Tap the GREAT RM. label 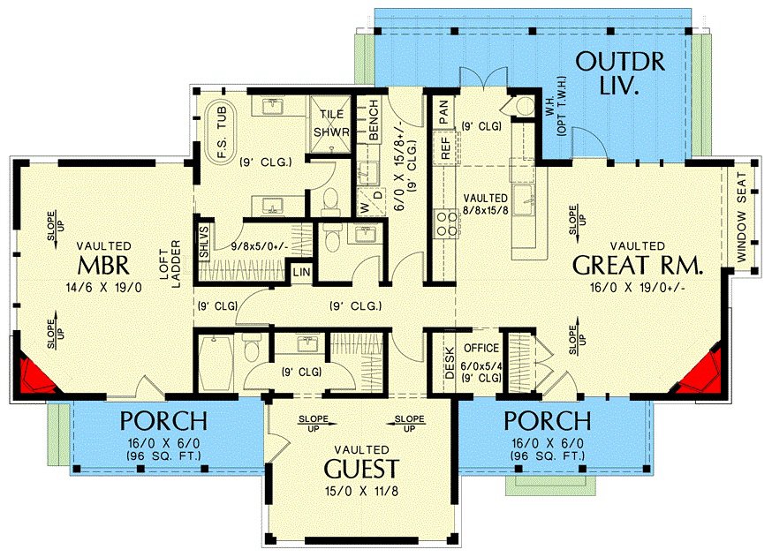pos(637,267)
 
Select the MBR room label pos(103,266)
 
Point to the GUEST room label pos(361,469)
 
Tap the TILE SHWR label pos(331,124)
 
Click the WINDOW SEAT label pos(742,217)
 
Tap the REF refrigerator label pos(445,147)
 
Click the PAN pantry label pos(443,112)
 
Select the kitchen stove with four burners pos(447,223)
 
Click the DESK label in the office pos(449,363)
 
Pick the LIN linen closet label pos(301,272)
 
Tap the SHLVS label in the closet pos(204,242)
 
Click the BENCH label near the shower pos(374,119)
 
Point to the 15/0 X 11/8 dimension pos(362,491)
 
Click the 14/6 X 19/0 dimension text pos(104,288)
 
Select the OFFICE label pos(481,348)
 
